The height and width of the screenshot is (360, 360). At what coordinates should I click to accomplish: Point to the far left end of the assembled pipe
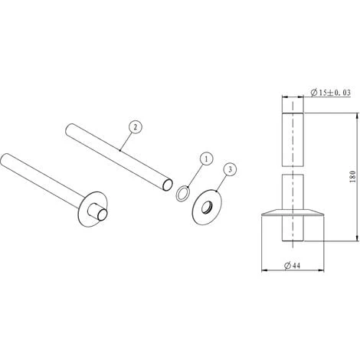tap(7, 161)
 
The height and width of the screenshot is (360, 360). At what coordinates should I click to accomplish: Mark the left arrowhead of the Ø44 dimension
tap(264, 270)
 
